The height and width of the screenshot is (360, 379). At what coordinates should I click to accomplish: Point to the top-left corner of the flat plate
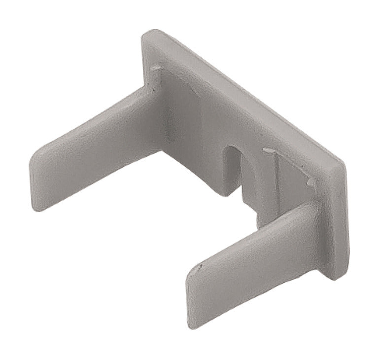click(148, 34)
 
